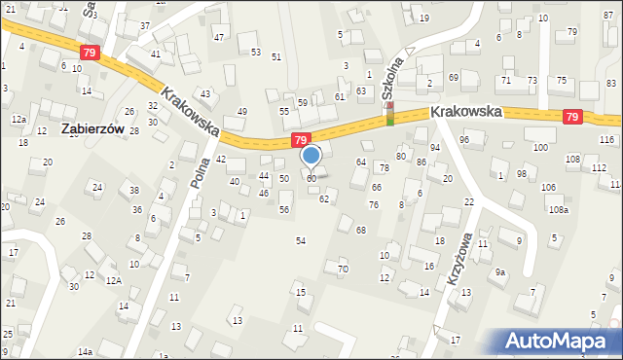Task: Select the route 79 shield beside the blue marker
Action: pyautogui.click(x=301, y=140)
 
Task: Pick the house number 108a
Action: pyautogui.click(x=558, y=209)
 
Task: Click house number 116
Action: pyautogui.click(x=607, y=140)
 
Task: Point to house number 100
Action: pyautogui.click(x=540, y=147)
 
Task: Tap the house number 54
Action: pyautogui.click(x=301, y=240)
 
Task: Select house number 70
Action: pyautogui.click(x=343, y=269)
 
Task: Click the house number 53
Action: pyautogui.click(x=256, y=52)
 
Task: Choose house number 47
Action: pyautogui.click(x=219, y=38)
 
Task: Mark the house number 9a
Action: pyautogui.click(x=499, y=273)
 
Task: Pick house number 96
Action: pyautogui.click(x=464, y=140)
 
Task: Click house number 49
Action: pyautogui.click(x=242, y=112)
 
